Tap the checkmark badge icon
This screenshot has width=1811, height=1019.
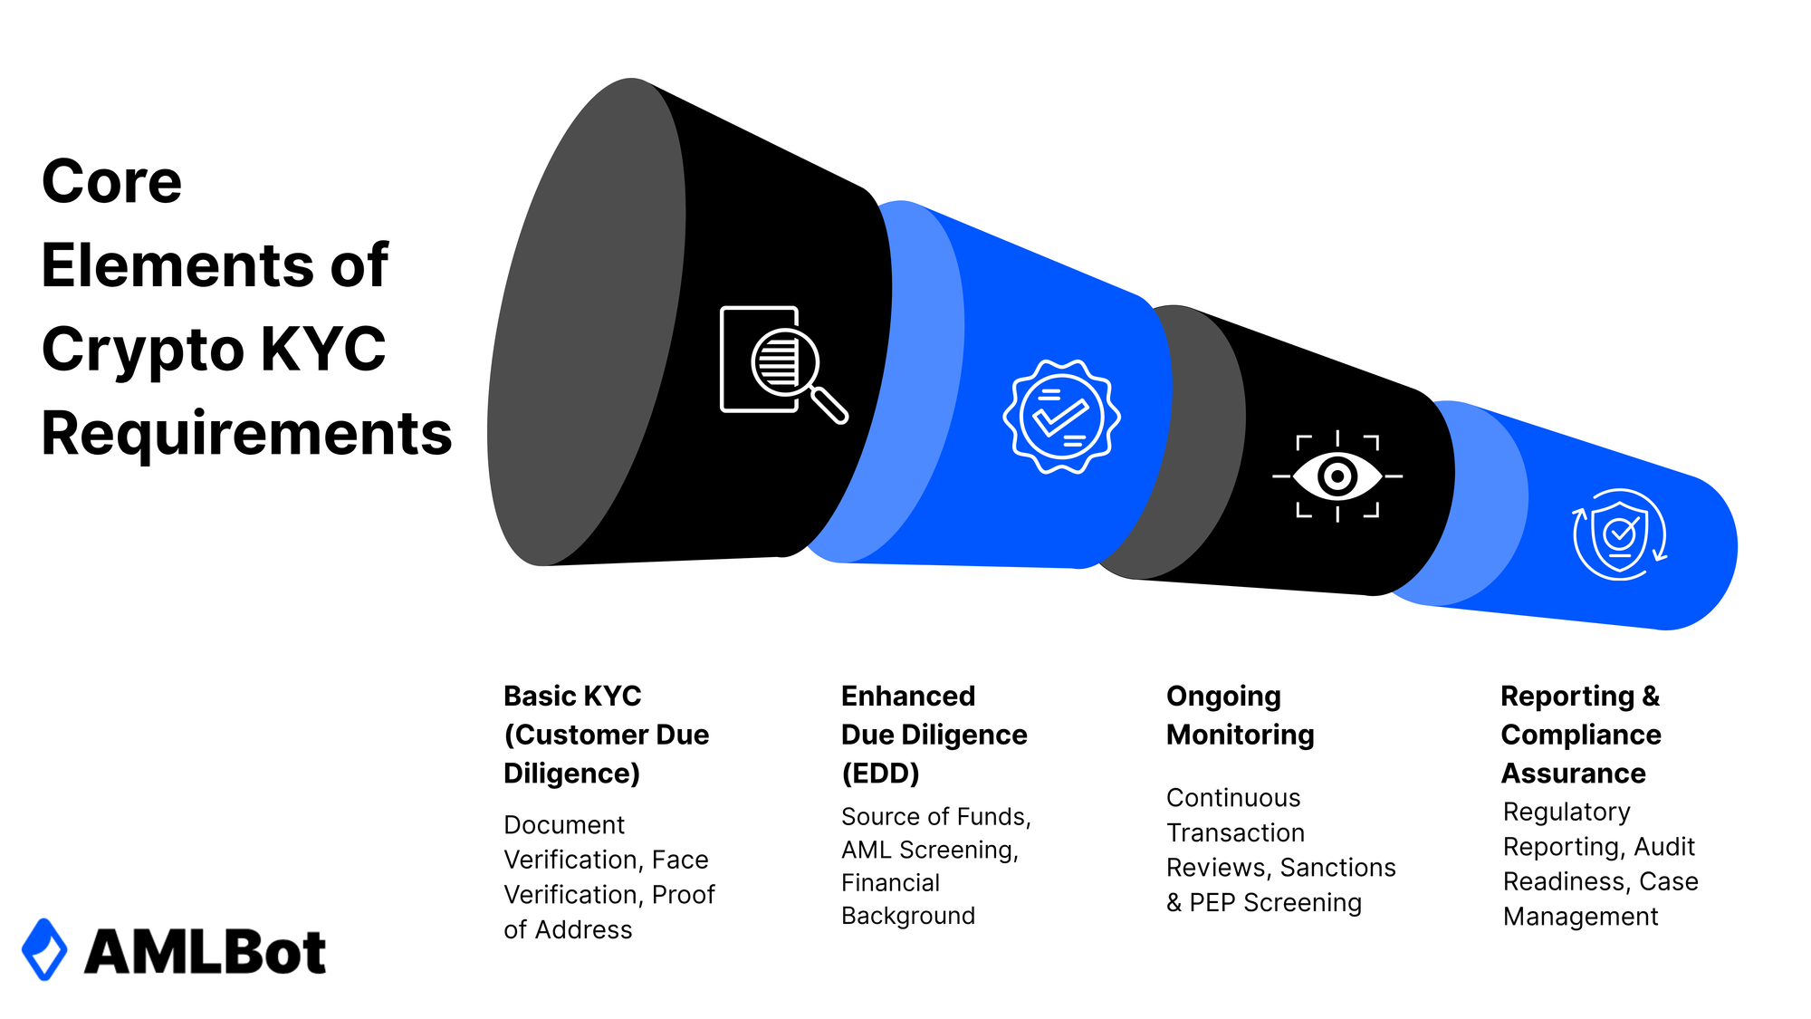pos(1061,417)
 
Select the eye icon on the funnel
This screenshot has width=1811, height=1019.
pos(1337,476)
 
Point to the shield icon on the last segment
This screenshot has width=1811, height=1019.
pos(1620,534)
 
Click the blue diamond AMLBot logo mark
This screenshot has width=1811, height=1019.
pos(44,949)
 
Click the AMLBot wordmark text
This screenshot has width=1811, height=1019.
pos(205,952)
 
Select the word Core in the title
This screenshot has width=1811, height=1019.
pos(111,181)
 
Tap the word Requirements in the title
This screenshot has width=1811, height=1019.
pos(246,433)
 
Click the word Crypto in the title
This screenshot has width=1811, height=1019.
pos(142,349)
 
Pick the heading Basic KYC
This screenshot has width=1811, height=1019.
pos(572,696)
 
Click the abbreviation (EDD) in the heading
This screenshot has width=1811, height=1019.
pos(880,774)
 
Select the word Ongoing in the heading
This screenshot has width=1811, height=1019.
pos(1223,696)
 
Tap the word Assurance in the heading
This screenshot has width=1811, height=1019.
pos(1573,774)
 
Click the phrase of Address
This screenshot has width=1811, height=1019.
pos(568,930)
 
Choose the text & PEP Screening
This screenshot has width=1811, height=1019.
pos(1263,903)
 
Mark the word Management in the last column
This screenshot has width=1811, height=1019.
pos(1580,917)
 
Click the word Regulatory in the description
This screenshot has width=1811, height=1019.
pos(1567,812)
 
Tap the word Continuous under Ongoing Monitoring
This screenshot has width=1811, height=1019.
pos(1233,798)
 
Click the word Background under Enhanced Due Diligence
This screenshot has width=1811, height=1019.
pos(908,916)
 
